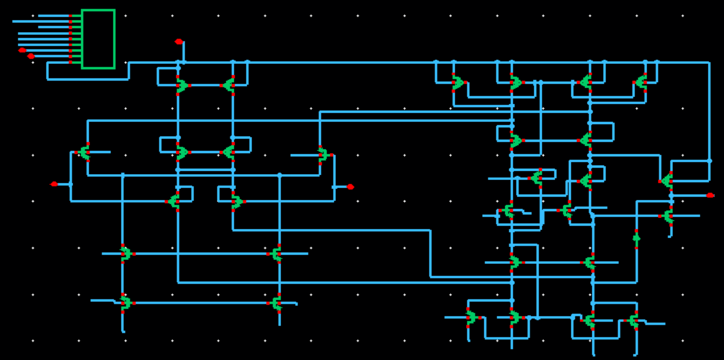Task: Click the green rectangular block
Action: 98,39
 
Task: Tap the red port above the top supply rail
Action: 178,41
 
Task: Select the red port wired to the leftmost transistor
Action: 54,184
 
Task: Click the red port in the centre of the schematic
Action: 350,186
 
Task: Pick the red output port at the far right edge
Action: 709,195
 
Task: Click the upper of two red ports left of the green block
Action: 22,50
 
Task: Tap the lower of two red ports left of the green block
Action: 31,56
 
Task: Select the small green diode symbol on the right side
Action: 636,237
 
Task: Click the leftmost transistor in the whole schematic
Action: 85,152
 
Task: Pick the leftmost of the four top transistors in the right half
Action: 457,83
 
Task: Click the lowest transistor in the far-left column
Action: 125,303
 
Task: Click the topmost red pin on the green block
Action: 70,16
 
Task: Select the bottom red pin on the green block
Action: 70,62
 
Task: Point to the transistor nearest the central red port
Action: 322,155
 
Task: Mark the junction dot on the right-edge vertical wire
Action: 709,161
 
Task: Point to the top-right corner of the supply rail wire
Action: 709,63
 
